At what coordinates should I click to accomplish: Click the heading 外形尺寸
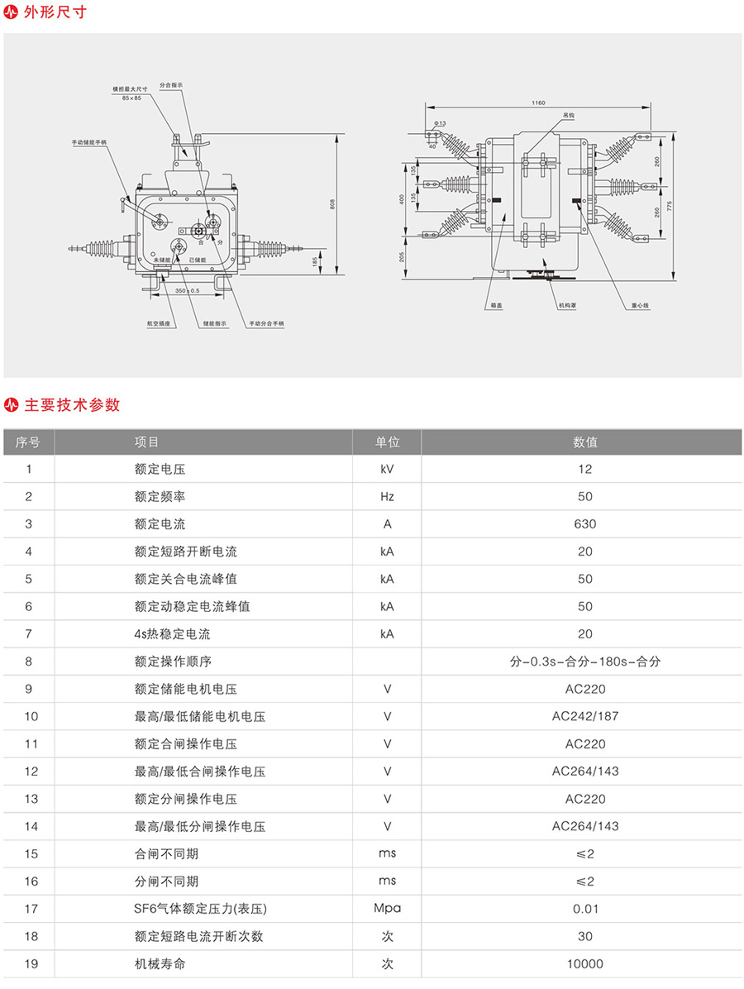click(54, 12)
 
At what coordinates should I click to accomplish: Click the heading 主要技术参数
click(72, 404)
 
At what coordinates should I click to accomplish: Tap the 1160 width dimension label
click(538, 103)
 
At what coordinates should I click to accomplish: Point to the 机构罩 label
click(567, 305)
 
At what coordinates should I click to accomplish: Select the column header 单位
click(387, 442)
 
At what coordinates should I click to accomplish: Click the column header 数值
click(585, 442)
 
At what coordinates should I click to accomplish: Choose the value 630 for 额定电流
click(585, 523)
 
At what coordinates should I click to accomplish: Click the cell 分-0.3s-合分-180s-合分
click(585, 662)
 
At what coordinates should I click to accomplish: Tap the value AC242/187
click(585, 716)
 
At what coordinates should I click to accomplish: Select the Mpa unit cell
click(387, 909)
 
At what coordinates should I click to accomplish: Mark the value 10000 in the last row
click(585, 963)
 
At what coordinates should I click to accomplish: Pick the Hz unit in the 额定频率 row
click(387, 496)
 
